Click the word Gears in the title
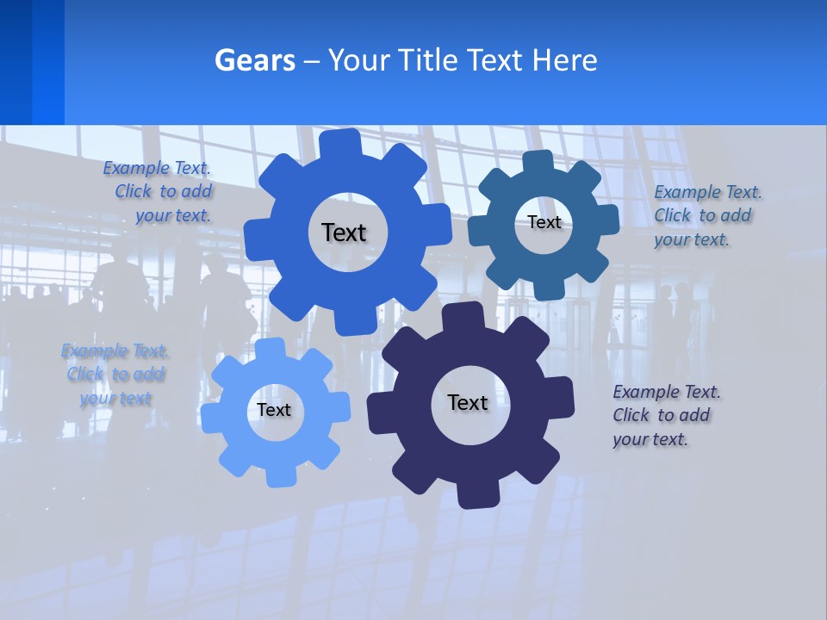point(254,60)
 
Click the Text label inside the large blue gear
point(344,232)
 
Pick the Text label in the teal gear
point(544,222)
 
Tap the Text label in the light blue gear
point(274,410)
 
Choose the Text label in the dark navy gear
point(468,402)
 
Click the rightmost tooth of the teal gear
point(608,220)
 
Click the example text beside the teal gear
point(707,215)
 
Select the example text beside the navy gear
point(666,415)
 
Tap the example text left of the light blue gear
point(115,375)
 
